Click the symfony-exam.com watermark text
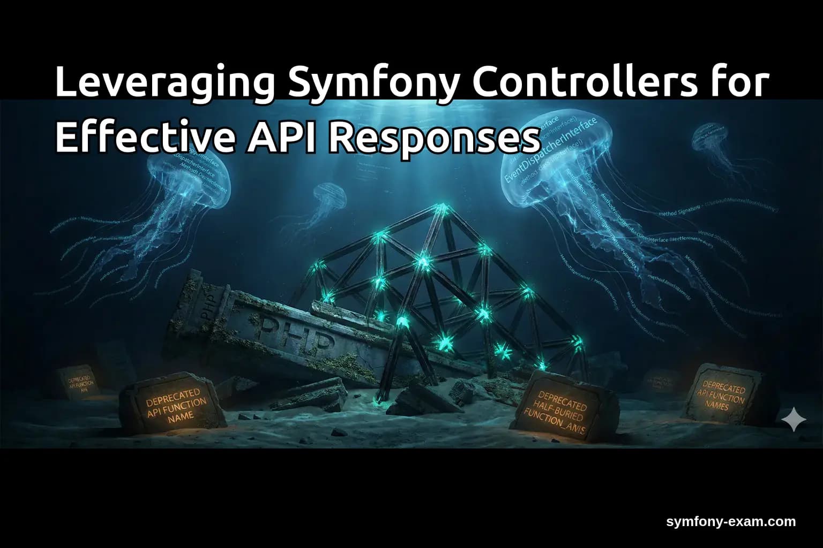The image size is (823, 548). point(731,522)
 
